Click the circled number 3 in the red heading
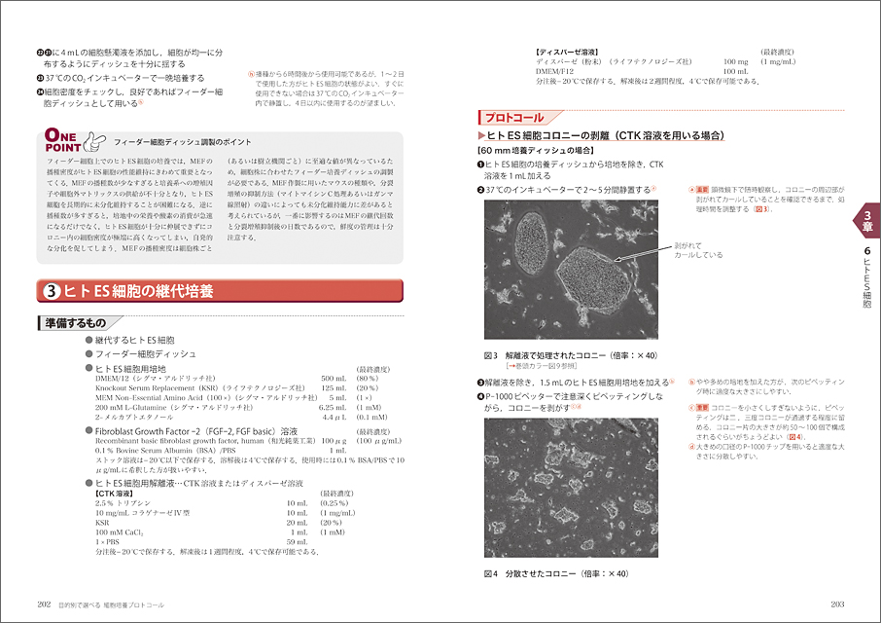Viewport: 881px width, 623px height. pyautogui.click(x=51, y=290)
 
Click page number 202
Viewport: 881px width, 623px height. pyautogui.click(x=44, y=604)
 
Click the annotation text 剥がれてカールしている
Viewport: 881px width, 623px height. pyautogui.click(x=697, y=250)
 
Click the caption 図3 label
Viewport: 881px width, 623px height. pyautogui.click(x=492, y=354)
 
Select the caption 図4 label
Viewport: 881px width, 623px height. pyautogui.click(x=492, y=573)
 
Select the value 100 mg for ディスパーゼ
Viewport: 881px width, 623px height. pyautogui.click(x=736, y=61)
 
